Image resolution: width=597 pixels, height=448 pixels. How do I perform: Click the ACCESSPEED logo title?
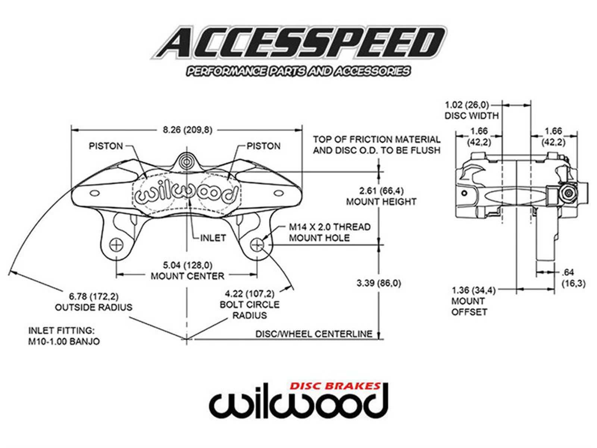(298, 43)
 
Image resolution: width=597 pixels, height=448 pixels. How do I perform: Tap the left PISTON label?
(106, 146)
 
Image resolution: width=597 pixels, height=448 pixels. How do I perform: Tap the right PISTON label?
(263, 146)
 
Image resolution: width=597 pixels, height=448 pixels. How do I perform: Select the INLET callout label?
(213, 238)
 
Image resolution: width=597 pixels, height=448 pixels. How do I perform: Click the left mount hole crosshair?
(116, 245)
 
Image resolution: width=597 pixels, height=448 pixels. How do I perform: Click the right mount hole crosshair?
(257, 245)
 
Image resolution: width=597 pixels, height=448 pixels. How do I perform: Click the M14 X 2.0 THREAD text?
(330, 227)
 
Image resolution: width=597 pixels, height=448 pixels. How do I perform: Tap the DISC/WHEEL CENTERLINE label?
(314, 334)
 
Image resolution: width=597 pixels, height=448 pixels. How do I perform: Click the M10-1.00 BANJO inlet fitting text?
(64, 341)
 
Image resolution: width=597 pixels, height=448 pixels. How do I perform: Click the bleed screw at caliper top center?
(186, 161)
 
